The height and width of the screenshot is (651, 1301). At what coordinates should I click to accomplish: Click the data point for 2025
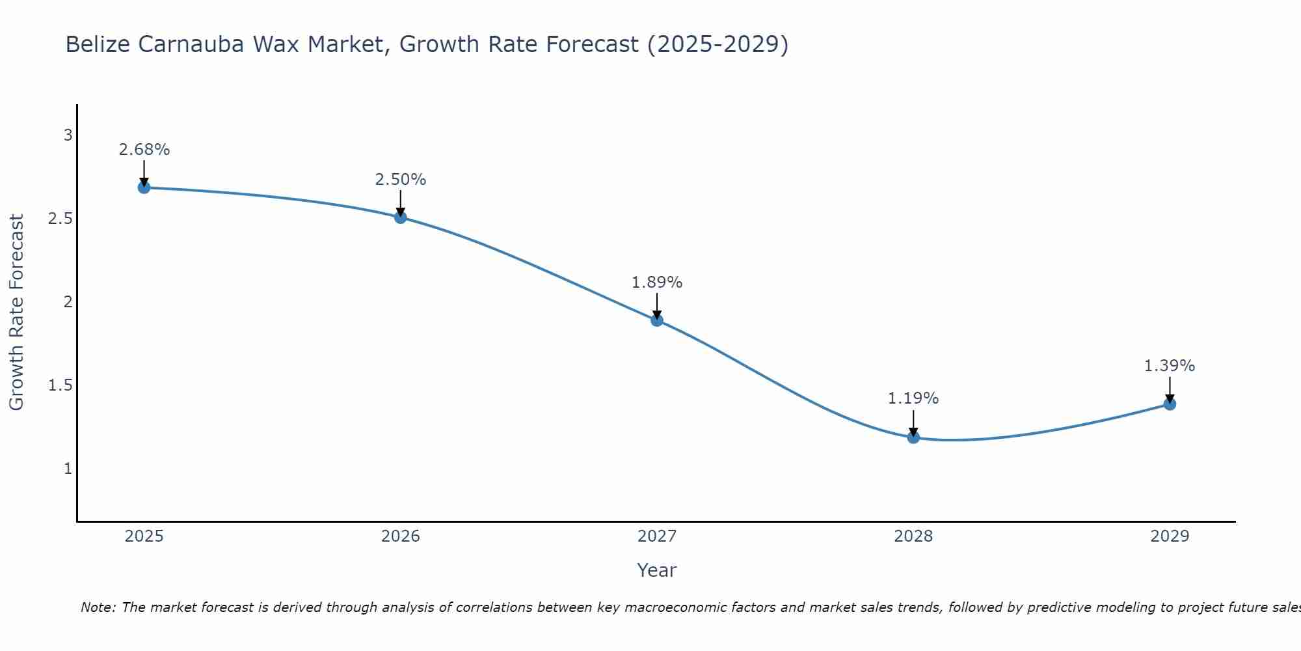(144, 187)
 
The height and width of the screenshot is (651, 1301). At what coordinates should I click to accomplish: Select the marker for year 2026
(401, 217)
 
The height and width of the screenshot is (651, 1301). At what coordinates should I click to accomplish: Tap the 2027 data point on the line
(657, 320)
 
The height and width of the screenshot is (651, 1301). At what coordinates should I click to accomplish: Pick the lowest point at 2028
(913, 437)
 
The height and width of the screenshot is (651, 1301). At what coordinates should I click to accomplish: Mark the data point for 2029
(1170, 404)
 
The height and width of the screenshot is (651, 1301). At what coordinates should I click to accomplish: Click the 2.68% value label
(144, 150)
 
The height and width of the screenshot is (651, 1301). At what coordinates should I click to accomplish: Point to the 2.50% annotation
(401, 180)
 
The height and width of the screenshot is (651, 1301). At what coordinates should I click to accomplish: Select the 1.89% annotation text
(657, 283)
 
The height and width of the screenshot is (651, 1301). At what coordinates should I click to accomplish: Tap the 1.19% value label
(913, 398)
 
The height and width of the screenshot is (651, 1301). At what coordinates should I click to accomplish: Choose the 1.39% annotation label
(1170, 366)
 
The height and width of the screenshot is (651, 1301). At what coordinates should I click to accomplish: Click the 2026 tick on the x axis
(401, 536)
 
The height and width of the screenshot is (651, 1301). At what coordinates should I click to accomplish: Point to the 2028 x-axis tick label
(913, 536)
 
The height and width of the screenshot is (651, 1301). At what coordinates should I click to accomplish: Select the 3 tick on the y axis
(68, 135)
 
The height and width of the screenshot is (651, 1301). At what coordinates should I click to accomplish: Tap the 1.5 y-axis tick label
(60, 385)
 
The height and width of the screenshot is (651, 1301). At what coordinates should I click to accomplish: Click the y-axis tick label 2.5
(60, 219)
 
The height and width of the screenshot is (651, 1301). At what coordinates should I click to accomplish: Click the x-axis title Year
(657, 570)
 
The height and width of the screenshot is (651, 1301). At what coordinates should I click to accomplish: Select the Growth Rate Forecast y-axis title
(17, 312)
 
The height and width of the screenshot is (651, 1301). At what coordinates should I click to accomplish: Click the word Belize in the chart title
(98, 44)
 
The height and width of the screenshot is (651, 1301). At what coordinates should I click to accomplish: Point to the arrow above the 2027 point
(657, 307)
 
